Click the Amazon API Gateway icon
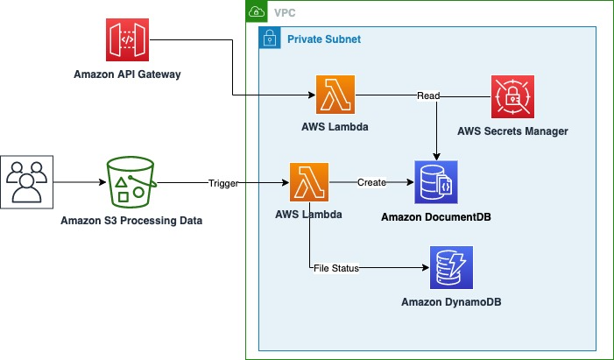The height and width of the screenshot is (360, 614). tap(127, 42)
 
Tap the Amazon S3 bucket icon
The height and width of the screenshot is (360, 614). tap(131, 184)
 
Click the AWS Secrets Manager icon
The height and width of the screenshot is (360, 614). tap(512, 97)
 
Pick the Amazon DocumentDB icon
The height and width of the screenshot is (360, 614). tap(436, 183)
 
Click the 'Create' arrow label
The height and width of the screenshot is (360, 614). tap(371, 183)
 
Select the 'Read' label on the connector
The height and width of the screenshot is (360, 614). tap(428, 95)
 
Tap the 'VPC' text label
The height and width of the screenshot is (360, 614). tap(286, 13)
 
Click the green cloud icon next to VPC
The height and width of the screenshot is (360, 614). tap(257, 12)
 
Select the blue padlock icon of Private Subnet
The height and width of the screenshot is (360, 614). tap(270, 39)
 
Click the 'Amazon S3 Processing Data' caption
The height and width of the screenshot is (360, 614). tap(131, 221)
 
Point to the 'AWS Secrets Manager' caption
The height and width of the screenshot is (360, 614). tap(512, 131)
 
